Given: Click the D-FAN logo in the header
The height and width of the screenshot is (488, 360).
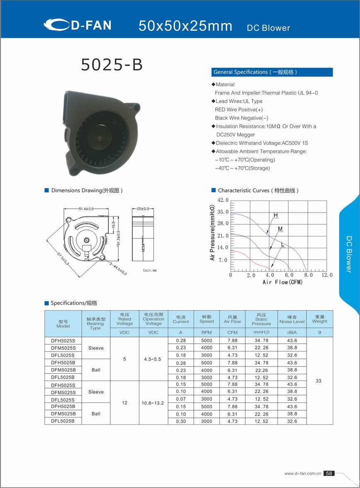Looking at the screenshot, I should [x=77, y=25].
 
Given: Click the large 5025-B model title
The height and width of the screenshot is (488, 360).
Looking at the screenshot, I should [x=112, y=65].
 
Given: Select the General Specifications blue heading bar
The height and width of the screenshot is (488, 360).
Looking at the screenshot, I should [x=272, y=72].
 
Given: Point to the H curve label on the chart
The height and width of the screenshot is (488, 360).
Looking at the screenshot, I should [x=275, y=215].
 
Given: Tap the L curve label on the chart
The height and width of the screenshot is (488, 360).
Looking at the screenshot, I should [x=282, y=245].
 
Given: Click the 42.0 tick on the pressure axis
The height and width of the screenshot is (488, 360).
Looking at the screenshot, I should [x=223, y=200].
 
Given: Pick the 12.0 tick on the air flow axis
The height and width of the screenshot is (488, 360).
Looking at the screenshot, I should [x=327, y=275].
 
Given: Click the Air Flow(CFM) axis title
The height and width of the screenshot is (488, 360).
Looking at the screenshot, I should [x=282, y=283].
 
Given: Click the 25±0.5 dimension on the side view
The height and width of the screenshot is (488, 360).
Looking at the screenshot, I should [x=142, y=208].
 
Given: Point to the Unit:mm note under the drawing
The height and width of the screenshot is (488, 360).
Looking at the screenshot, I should [x=150, y=270].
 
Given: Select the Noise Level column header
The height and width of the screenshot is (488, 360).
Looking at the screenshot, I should [x=292, y=319].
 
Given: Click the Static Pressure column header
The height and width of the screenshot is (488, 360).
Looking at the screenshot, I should [x=261, y=319].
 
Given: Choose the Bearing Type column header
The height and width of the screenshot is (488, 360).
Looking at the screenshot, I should [x=96, y=323].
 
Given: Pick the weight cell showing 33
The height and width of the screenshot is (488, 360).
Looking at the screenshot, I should [x=319, y=381].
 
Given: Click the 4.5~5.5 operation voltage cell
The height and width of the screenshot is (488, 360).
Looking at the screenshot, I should [x=153, y=359].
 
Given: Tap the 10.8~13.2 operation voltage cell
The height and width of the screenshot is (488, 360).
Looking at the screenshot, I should [x=153, y=403].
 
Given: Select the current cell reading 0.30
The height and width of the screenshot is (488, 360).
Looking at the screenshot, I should [x=181, y=421].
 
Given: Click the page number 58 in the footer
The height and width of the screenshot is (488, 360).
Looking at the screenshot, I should [x=328, y=473].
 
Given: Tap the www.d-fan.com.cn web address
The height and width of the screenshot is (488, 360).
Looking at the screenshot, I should [x=303, y=473].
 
